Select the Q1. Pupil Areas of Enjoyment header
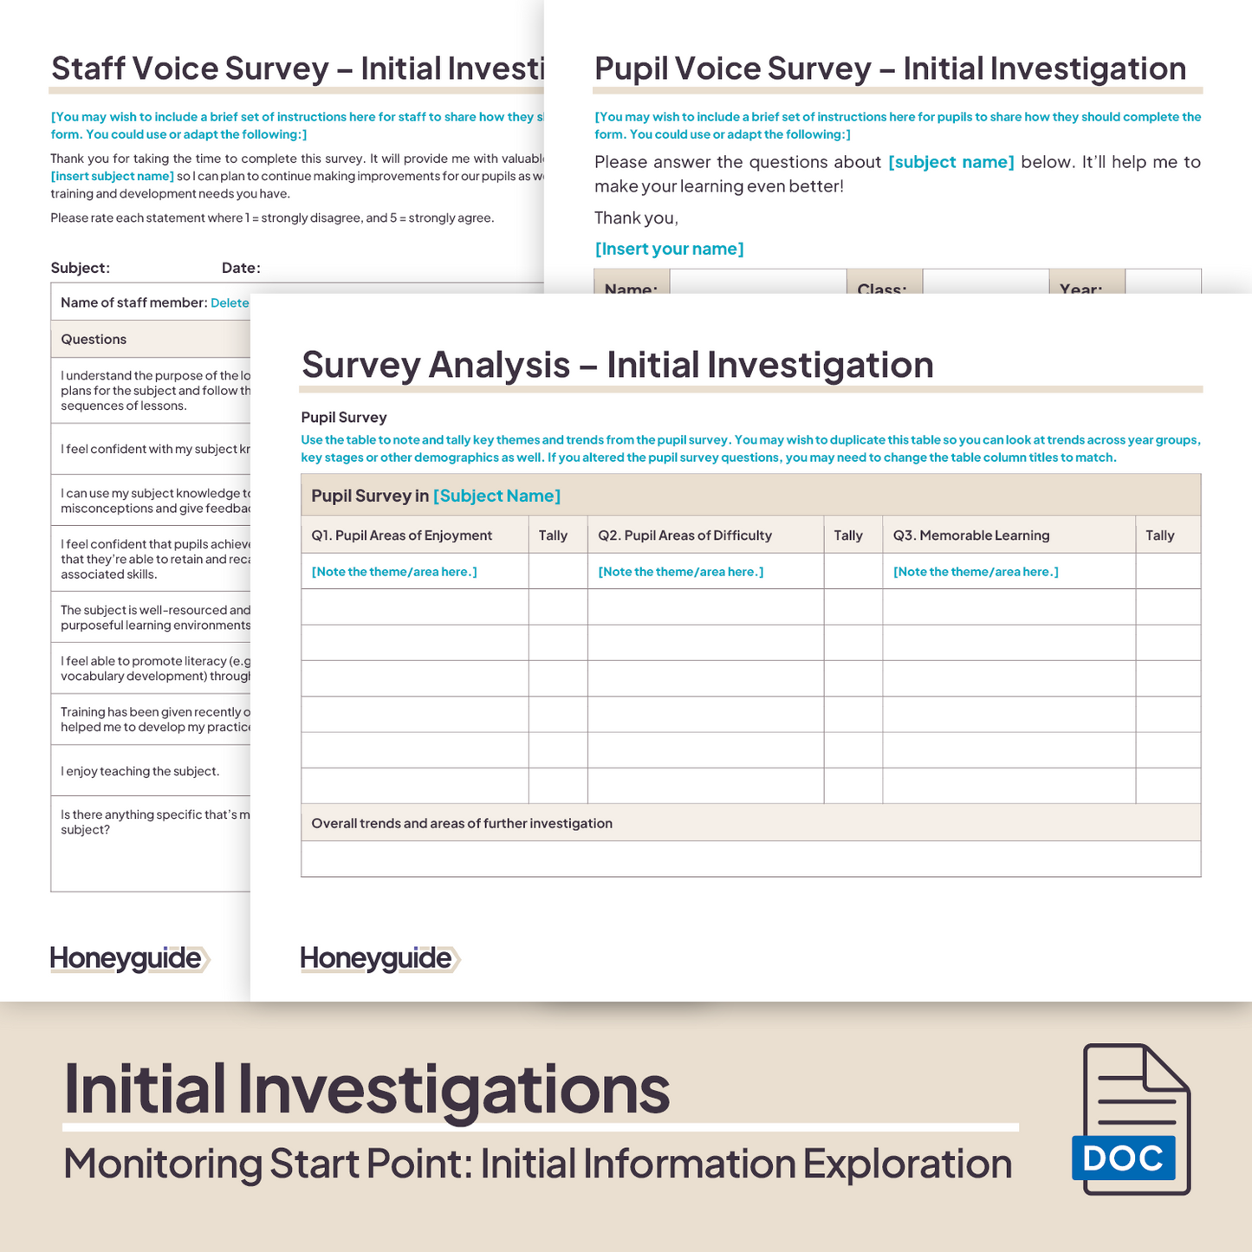401,535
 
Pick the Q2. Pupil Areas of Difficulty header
684,535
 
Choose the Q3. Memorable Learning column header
970,535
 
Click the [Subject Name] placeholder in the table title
496,496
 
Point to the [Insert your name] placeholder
669,249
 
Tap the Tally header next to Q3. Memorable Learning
1159,535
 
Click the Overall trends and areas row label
462,823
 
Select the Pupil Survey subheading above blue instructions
344,417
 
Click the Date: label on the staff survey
241,268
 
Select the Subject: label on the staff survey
80,268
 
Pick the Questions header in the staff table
94,340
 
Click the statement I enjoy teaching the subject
139,771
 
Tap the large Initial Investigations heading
367,1088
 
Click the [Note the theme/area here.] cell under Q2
681,572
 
